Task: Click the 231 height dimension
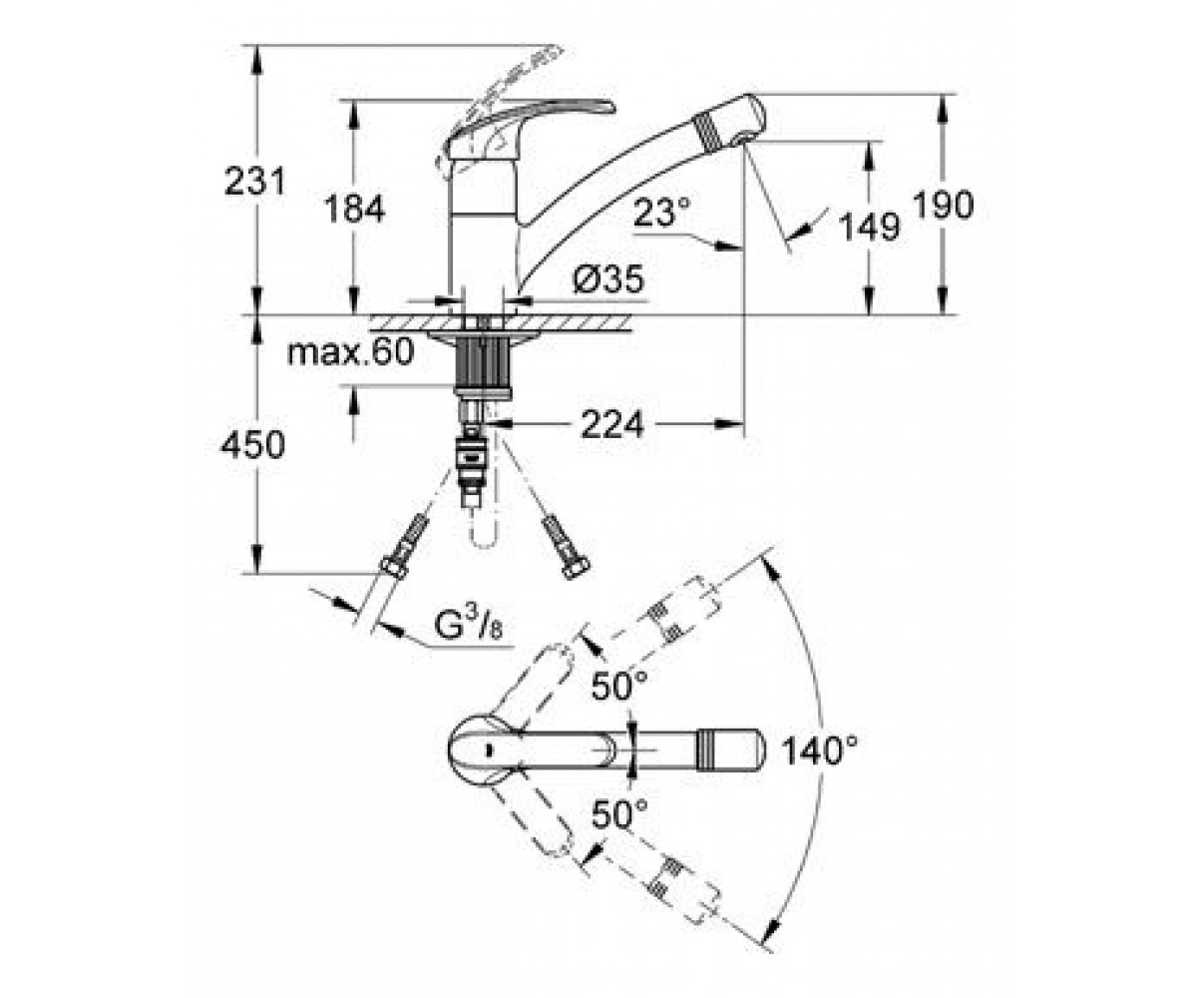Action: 254,182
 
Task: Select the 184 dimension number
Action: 355,209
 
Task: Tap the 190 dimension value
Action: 943,205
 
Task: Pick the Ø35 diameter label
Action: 608,279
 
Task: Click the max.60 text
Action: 350,351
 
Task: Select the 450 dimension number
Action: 252,444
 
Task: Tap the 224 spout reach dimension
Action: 612,425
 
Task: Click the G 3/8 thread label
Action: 468,627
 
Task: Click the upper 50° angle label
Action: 619,686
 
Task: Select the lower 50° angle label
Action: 619,814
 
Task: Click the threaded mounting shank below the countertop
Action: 483,364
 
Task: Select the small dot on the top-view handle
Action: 489,749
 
